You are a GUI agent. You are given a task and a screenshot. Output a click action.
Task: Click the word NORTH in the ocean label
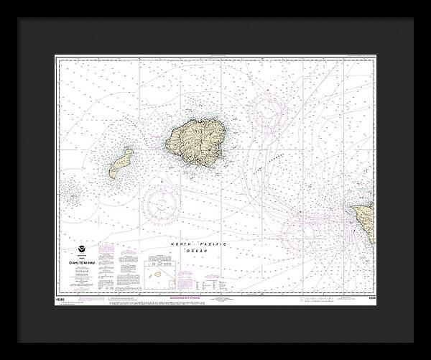pos(181,244)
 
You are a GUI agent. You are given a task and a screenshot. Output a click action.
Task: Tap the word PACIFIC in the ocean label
pos(213,244)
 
